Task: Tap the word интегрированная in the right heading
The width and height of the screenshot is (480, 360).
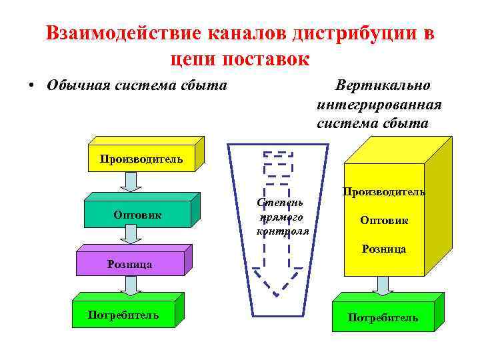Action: click(x=379, y=105)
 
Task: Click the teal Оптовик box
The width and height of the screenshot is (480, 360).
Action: click(x=137, y=215)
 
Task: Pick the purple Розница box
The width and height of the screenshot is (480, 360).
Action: click(x=130, y=264)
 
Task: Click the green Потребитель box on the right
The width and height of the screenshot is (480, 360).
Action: click(x=383, y=317)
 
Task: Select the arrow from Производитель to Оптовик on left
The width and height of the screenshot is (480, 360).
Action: click(x=131, y=182)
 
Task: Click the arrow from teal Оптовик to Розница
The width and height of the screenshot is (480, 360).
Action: click(x=131, y=233)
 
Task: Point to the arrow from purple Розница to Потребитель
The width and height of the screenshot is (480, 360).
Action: click(x=131, y=285)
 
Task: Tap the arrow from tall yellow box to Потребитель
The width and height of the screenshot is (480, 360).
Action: click(x=383, y=285)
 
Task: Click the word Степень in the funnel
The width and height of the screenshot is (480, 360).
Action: click(x=281, y=202)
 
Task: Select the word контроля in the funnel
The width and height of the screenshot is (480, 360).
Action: click(x=283, y=231)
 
